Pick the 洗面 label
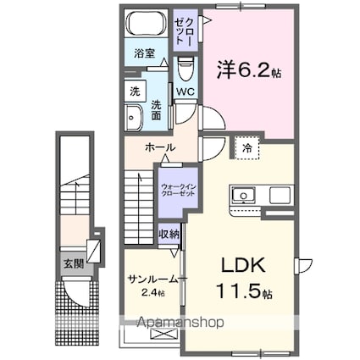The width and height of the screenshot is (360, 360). [158, 109]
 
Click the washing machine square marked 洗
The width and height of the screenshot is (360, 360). [134, 91]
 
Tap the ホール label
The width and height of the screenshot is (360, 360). [161, 147]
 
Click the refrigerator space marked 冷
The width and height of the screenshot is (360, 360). [247, 147]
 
